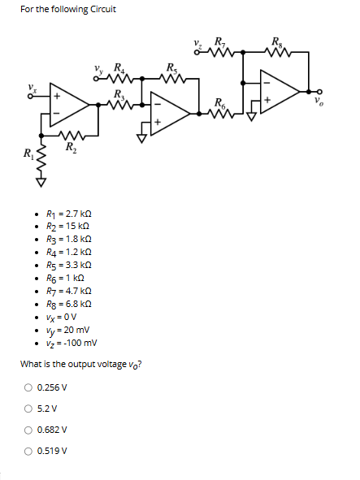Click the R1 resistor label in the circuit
tap(28, 153)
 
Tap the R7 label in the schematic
tap(220, 42)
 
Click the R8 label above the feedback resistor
tap(279, 42)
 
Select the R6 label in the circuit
tap(220, 102)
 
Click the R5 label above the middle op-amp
tap(171, 67)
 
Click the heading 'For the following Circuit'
tap(68, 10)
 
